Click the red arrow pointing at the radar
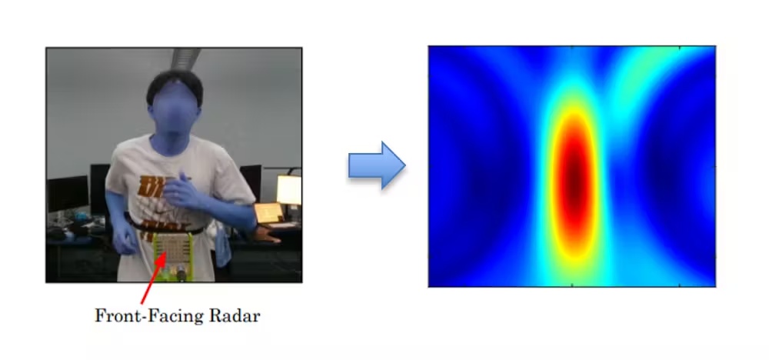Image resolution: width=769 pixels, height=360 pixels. click(151, 282)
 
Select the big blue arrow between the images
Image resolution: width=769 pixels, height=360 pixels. click(376, 165)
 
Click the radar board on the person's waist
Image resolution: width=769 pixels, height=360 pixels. click(174, 250)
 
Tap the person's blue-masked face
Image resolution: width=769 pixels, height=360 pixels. click(173, 112)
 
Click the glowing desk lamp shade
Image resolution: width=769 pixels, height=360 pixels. click(288, 188)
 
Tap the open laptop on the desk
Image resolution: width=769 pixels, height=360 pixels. click(268, 213)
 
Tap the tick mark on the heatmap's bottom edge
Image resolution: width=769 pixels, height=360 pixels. click(572, 285)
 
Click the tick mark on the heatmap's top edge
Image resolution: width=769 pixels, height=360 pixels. click(572, 48)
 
